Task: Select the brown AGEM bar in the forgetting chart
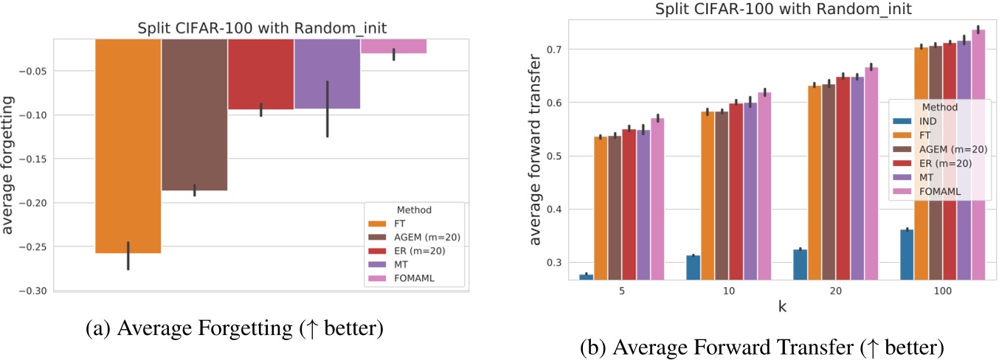(194, 114)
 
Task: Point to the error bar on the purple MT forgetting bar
(327, 108)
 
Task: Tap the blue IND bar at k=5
(587, 277)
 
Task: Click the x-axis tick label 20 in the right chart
(835, 291)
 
